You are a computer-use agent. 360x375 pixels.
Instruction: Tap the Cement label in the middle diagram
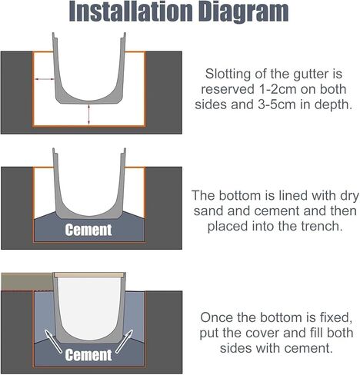88,230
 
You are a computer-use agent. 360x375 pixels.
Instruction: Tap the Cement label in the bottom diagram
88,355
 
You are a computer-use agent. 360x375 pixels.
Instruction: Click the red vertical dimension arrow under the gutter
90,114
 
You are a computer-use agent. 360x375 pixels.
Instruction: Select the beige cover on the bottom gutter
88,274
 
